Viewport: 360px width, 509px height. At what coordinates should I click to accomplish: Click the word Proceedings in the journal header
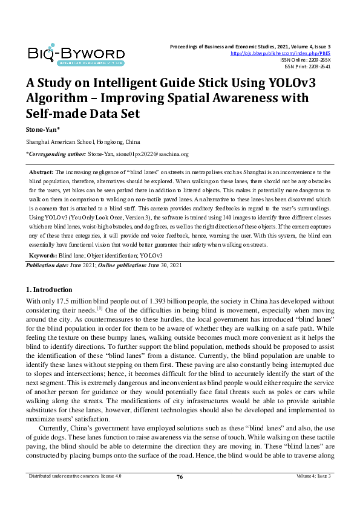pyautogui.click(x=187, y=47)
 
